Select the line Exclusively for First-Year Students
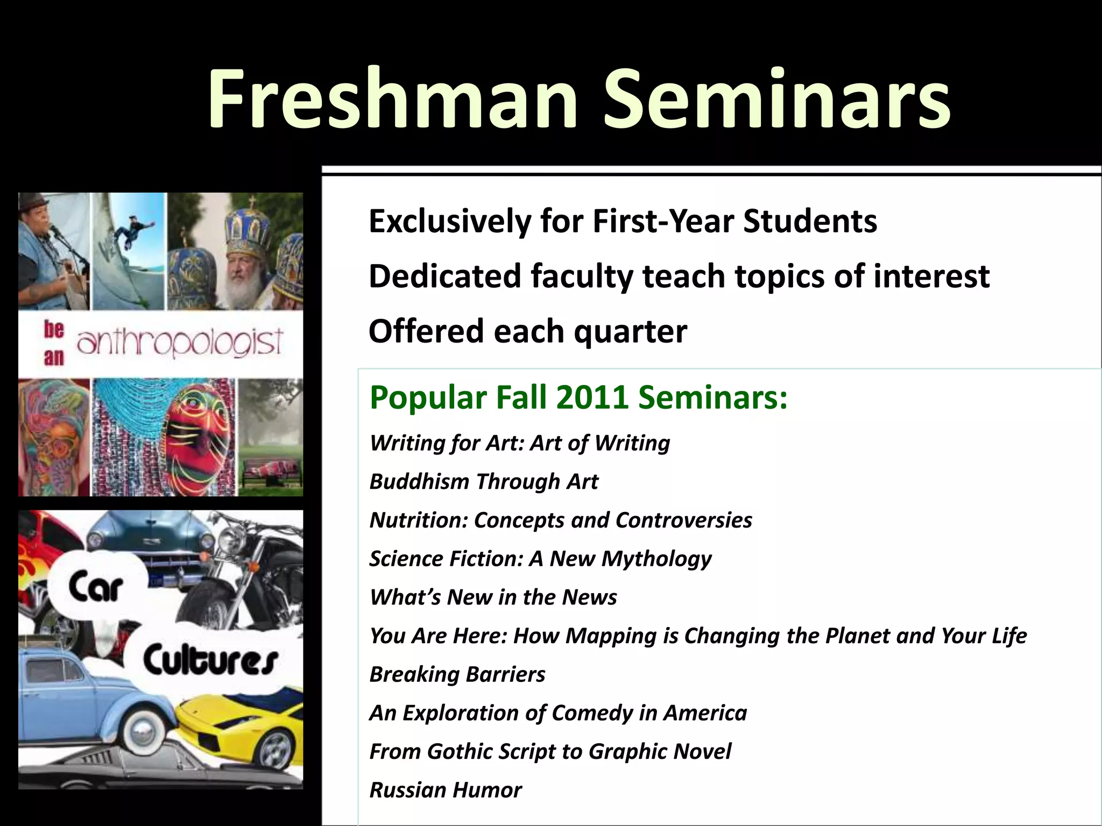click(x=623, y=221)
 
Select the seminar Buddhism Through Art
click(x=484, y=481)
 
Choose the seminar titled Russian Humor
click(x=446, y=790)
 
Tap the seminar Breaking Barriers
click(x=457, y=674)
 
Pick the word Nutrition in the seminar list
click(x=418, y=520)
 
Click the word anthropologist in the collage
click(x=180, y=342)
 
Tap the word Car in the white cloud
click(x=96, y=587)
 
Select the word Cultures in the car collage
click(x=210, y=661)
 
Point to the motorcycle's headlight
click(x=232, y=537)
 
